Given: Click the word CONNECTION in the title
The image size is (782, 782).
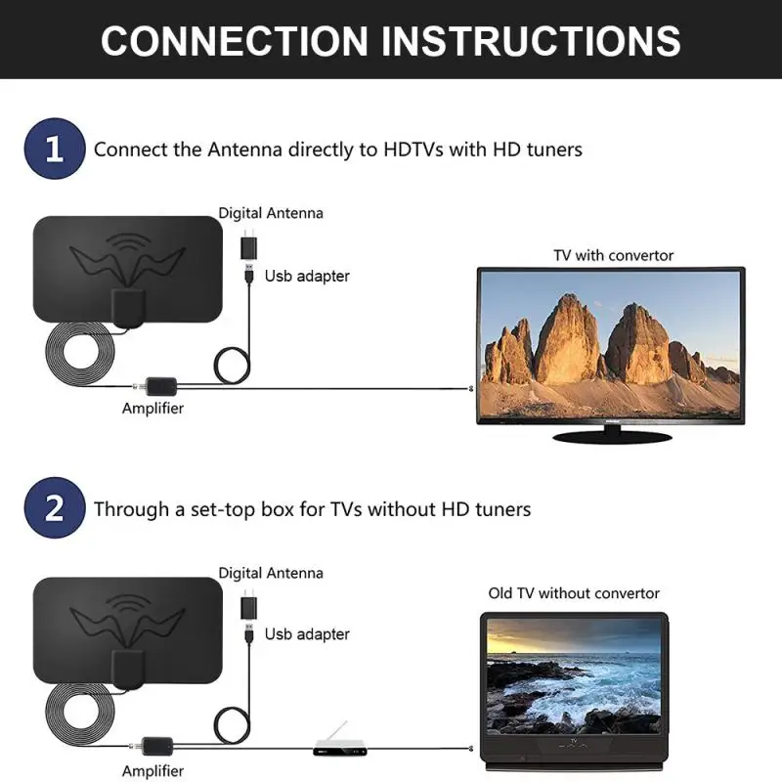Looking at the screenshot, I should [x=234, y=41].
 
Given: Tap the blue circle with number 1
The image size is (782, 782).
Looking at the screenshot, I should [x=55, y=150].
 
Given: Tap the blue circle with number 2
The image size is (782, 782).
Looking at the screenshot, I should [x=55, y=508].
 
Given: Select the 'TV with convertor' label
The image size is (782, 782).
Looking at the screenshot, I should [x=613, y=255].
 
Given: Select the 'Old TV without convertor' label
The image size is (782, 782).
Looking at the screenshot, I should [x=574, y=593].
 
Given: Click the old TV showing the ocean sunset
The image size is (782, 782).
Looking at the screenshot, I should [x=573, y=679].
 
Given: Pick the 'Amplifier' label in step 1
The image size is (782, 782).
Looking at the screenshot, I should [x=152, y=409].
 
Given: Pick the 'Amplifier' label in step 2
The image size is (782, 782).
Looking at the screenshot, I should [x=152, y=770].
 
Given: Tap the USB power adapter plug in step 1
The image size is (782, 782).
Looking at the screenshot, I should [x=248, y=245].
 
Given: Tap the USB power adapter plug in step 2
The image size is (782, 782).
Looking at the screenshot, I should [x=248, y=606].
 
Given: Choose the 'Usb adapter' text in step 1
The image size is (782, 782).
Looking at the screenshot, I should [x=307, y=277].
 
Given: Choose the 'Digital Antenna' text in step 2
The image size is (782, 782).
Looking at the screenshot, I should [x=271, y=573].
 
